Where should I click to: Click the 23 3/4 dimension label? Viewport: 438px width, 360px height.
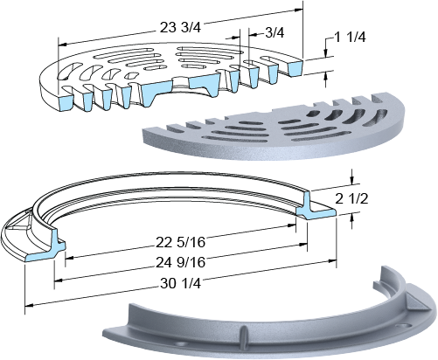click(x=180, y=28)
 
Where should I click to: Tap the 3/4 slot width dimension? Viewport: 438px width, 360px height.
click(x=275, y=32)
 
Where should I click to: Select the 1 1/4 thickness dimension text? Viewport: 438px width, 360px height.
click(x=350, y=38)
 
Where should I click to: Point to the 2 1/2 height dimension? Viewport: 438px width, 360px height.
click(x=351, y=199)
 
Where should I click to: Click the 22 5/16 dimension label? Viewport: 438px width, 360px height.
click(x=180, y=242)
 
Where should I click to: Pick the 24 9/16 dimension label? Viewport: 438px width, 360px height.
click(x=180, y=262)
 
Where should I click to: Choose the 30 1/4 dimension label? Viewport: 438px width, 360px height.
click(x=180, y=283)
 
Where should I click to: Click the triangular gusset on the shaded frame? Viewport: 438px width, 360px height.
click(x=416, y=303)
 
